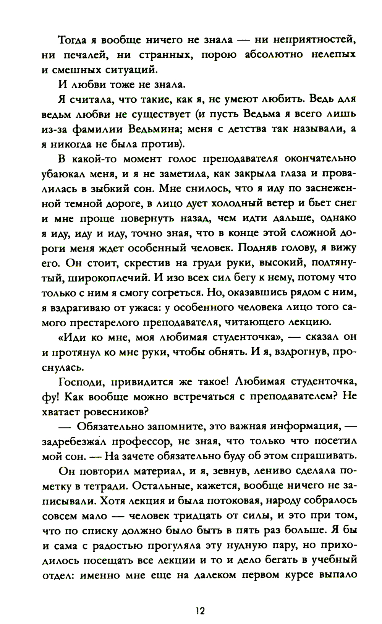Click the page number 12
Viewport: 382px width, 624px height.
[x=200, y=610]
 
